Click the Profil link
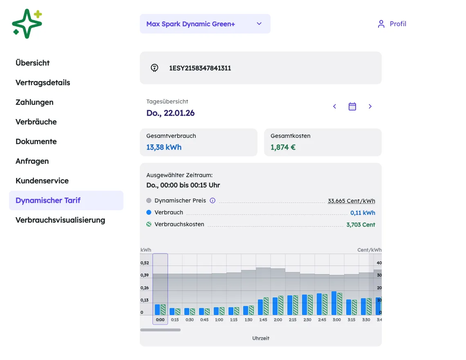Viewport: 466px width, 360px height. point(392,24)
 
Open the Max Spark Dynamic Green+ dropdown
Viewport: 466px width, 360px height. point(205,24)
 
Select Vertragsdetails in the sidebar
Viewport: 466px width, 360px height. point(43,82)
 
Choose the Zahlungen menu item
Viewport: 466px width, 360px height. point(34,102)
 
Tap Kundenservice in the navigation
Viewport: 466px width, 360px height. point(42,180)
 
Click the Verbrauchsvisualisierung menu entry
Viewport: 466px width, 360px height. point(60,220)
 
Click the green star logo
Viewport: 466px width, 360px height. point(27,24)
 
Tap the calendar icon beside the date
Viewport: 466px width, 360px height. point(352,106)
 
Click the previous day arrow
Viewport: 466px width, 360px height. point(335,106)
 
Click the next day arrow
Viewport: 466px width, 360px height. point(370,106)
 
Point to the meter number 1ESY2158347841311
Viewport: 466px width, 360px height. point(200,68)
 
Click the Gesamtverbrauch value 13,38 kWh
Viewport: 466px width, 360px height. point(164,147)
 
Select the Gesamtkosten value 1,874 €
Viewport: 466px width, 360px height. point(283,147)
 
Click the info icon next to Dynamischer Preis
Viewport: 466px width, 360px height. point(213,200)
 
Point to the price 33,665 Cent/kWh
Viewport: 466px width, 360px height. point(351,201)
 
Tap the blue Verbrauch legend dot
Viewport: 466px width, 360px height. point(149,212)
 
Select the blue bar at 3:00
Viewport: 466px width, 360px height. point(334,303)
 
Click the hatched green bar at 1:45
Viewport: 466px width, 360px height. point(266,306)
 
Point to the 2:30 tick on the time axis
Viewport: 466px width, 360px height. point(307,320)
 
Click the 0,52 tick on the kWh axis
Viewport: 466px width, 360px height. point(145,263)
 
